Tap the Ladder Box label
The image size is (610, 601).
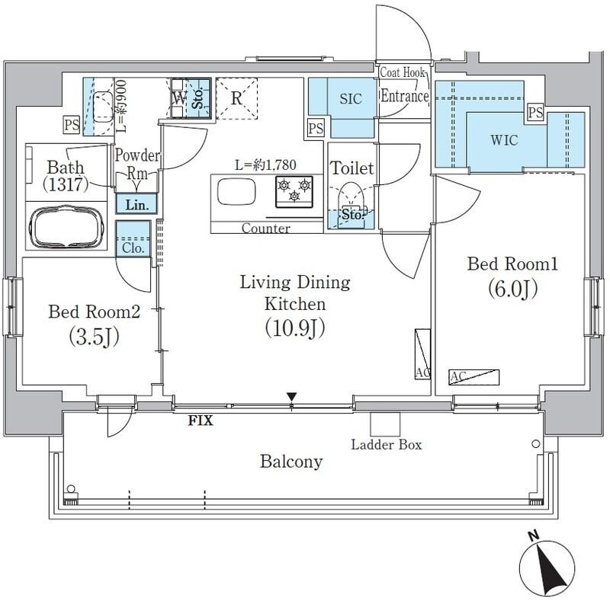point(387,444)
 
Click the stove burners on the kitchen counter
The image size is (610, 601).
point(294,190)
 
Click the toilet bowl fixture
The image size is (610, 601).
point(352,199)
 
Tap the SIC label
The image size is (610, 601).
point(350,100)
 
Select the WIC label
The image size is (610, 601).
point(504,140)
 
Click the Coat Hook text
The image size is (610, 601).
point(403,73)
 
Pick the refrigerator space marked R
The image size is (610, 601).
point(237,98)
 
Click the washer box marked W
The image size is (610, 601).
point(178,98)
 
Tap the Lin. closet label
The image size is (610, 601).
point(137,204)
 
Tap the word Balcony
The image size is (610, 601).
point(291,462)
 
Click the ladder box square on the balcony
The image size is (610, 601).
point(384,424)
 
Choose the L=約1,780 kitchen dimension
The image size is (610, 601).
point(265,164)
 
